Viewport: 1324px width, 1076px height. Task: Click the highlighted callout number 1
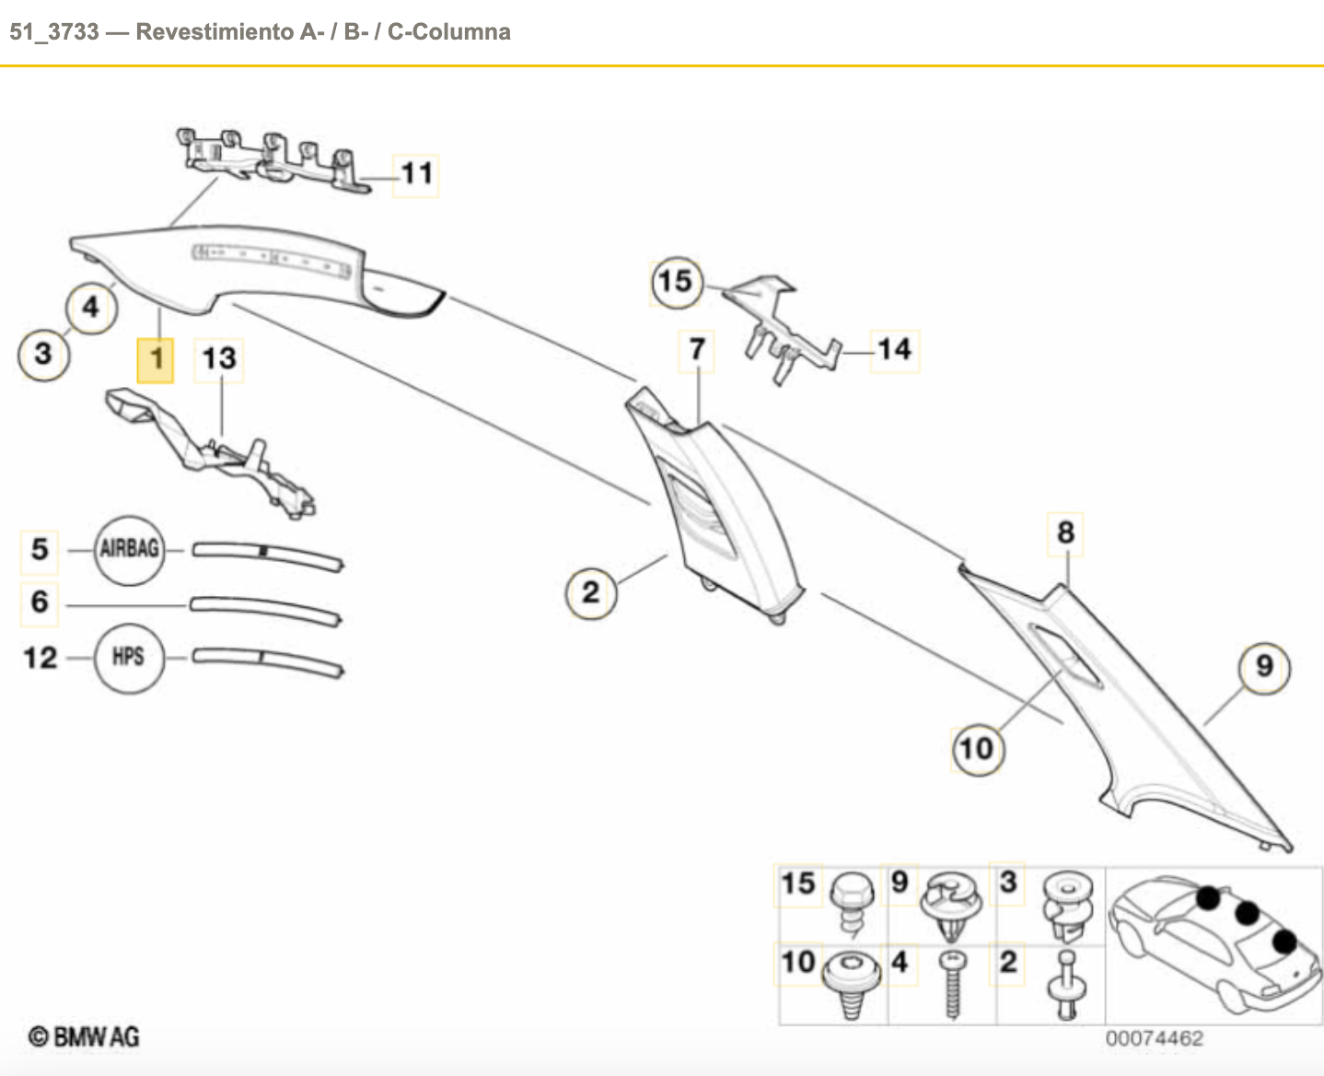click(156, 359)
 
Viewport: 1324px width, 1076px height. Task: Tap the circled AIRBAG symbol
click(130, 550)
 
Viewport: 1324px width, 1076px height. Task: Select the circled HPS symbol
click(129, 657)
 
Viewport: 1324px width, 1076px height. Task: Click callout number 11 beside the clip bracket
click(416, 174)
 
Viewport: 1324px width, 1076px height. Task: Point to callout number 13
click(219, 358)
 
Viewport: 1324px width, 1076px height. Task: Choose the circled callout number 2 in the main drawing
click(590, 592)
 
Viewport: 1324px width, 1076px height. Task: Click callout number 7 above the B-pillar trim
click(697, 350)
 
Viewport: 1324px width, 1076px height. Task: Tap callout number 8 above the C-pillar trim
click(1065, 533)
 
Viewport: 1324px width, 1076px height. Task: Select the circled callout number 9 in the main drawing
click(1264, 667)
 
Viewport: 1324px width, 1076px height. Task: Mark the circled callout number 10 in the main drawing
click(976, 748)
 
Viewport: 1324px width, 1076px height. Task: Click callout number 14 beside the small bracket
click(894, 350)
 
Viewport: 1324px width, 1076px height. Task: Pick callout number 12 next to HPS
click(41, 658)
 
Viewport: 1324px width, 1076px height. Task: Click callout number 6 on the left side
click(40, 602)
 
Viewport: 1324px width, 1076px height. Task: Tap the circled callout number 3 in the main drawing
click(42, 354)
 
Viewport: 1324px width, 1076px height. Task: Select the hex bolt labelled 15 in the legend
click(851, 904)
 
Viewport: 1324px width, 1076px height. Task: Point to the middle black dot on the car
click(1247, 914)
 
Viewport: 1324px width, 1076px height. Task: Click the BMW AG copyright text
click(84, 1037)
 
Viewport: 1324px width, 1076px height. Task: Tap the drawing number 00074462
click(1154, 1039)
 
